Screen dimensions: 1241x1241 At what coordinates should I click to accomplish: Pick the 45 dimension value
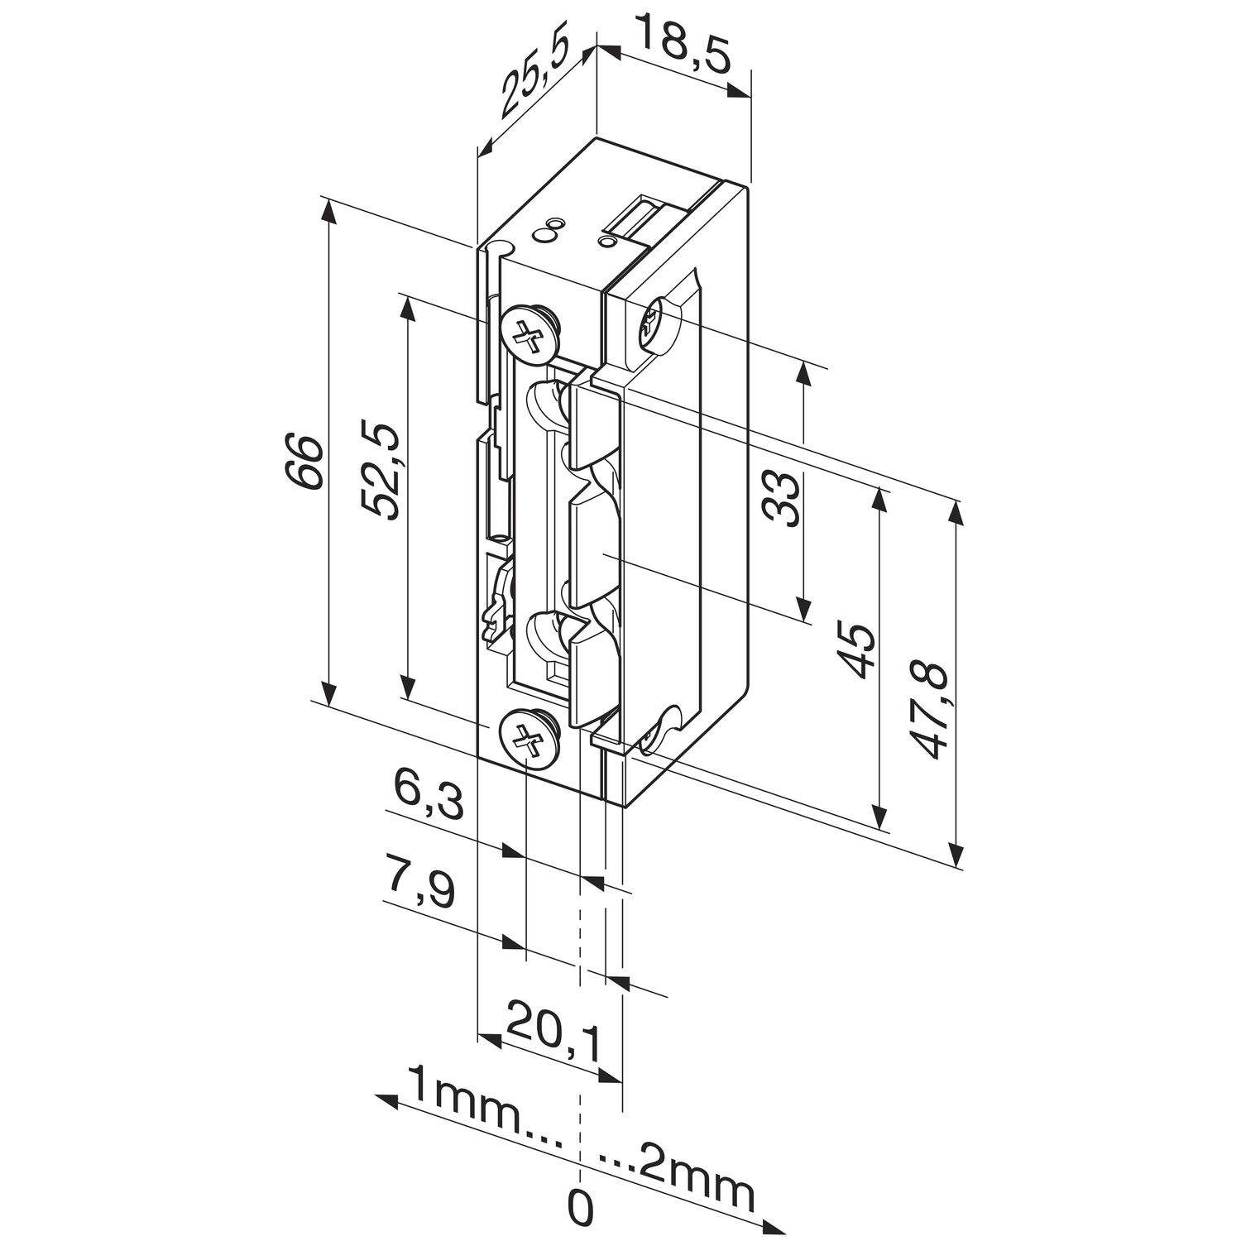855,652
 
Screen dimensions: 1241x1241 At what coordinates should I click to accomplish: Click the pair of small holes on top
549,229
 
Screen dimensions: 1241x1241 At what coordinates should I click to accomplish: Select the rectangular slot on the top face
640,218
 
